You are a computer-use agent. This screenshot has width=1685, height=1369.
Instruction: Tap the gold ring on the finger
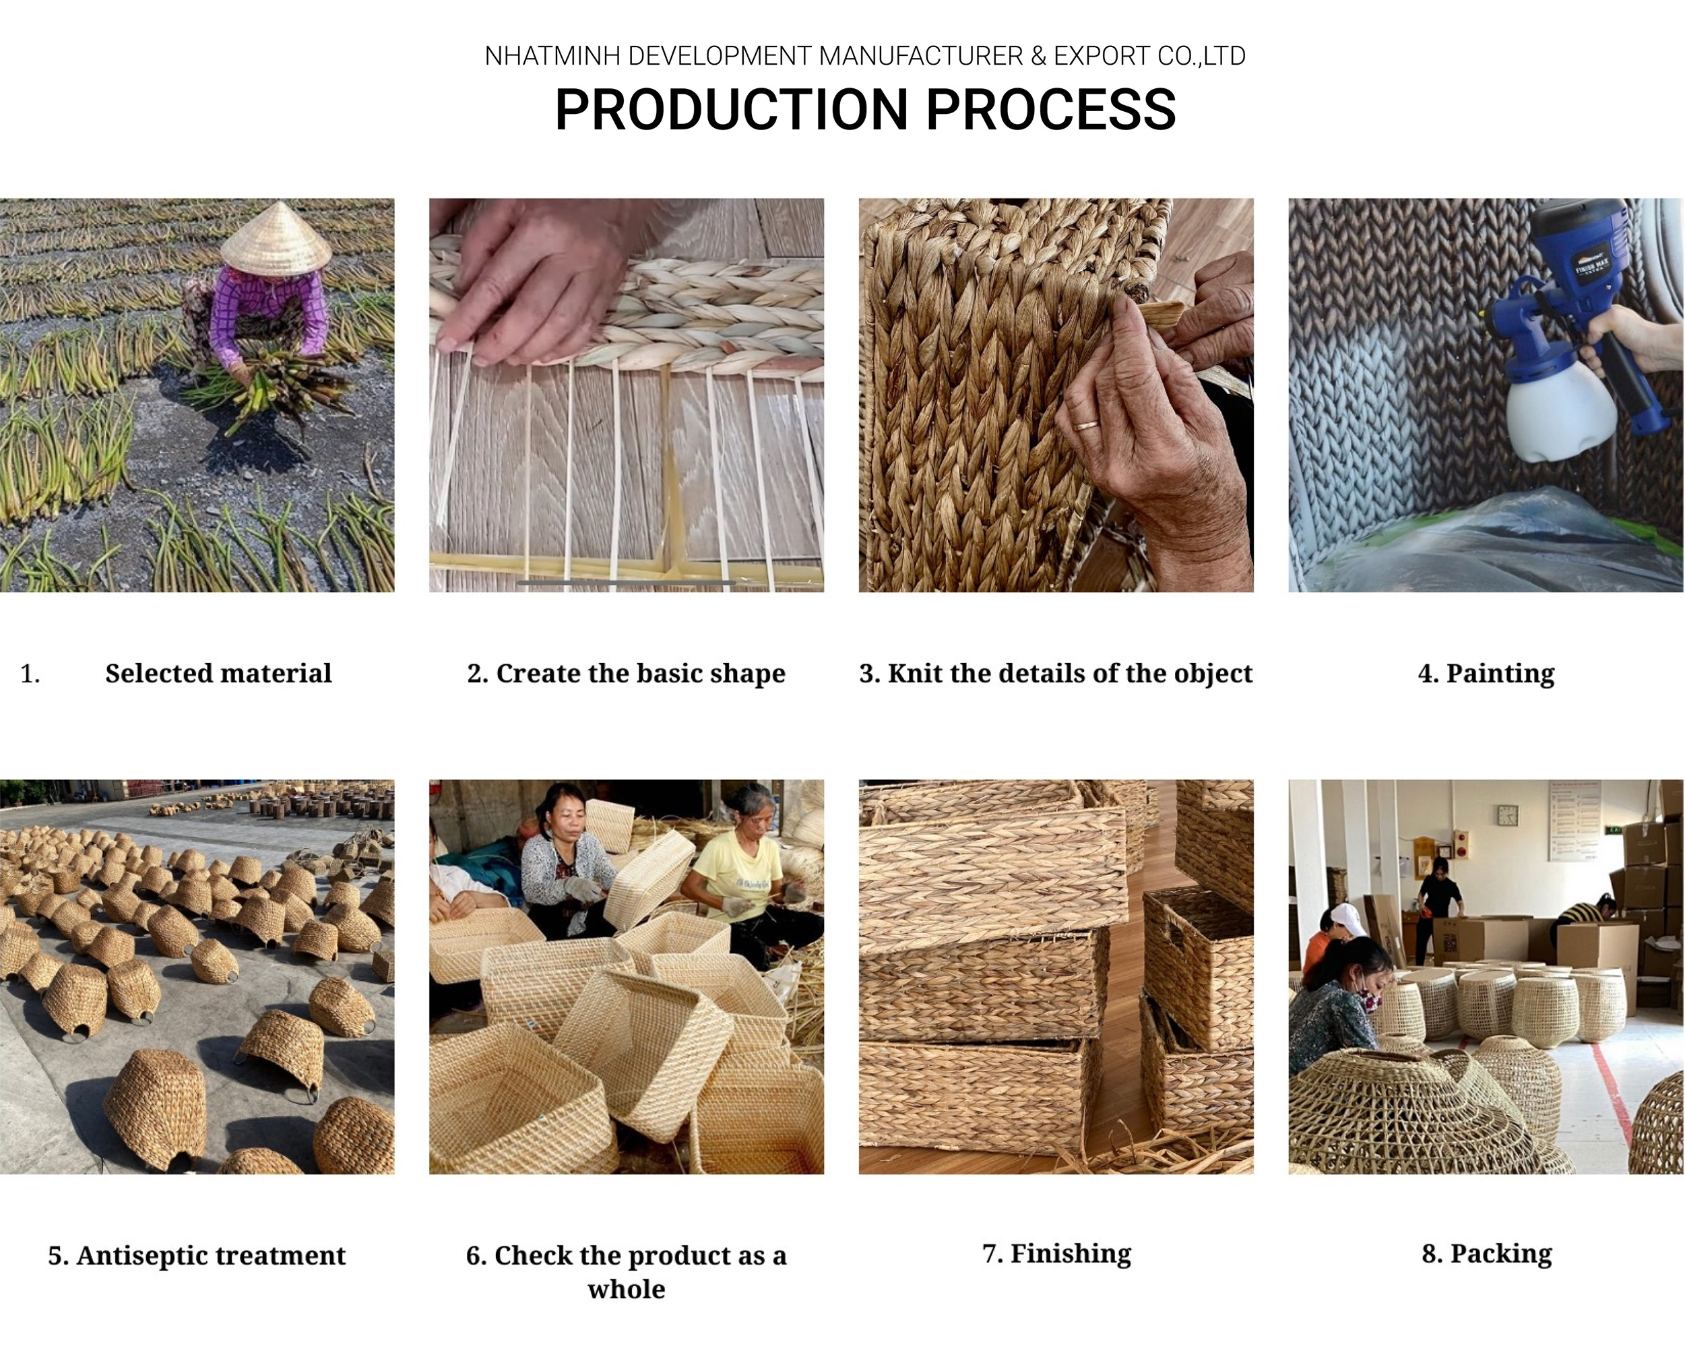click(x=1087, y=425)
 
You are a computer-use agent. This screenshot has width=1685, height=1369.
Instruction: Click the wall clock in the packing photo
click(x=1507, y=815)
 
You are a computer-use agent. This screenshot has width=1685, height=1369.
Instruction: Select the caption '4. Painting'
click(x=1486, y=674)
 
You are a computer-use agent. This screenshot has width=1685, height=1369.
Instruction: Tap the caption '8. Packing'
click(x=1486, y=1253)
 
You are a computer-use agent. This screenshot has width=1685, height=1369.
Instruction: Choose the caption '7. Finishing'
click(x=1056, y=1253)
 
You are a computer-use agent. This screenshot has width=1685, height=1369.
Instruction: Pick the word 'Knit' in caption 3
click(x=912, y=674)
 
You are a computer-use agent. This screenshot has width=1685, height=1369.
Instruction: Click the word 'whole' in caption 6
click(x=626, y=1290)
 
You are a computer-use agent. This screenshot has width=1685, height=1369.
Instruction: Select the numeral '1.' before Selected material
click(x=30, y=674)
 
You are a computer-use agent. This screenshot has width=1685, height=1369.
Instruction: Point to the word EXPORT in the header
click(x=1102, y=57)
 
